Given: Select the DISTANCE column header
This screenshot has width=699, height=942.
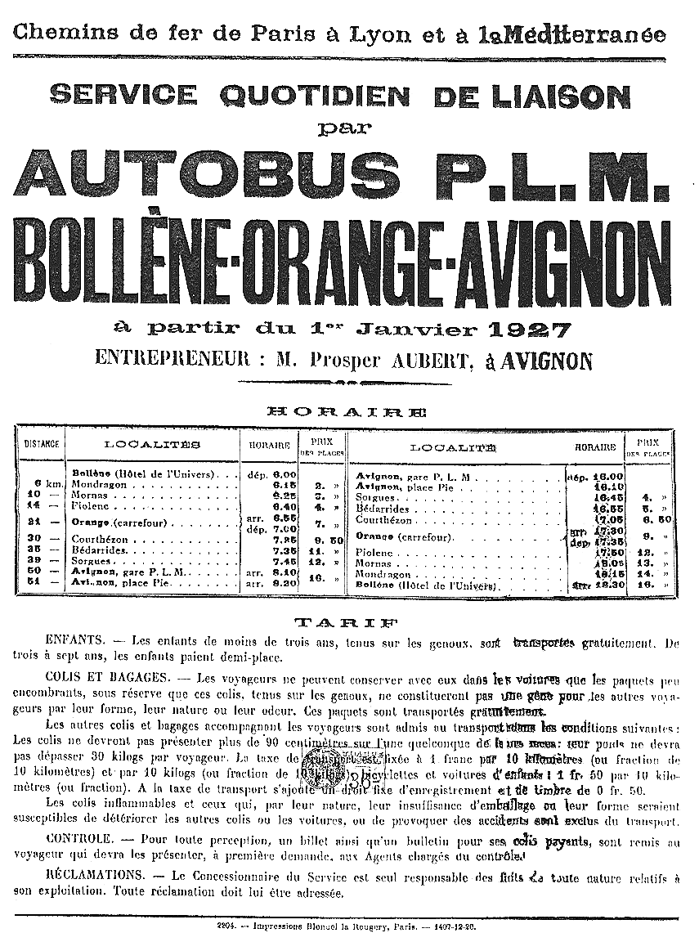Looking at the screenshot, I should (x=40, y=445).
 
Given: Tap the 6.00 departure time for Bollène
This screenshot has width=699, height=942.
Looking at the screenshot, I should (x=284, y=474).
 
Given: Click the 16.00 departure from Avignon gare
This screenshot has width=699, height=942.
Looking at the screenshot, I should (x=607, y=476).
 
